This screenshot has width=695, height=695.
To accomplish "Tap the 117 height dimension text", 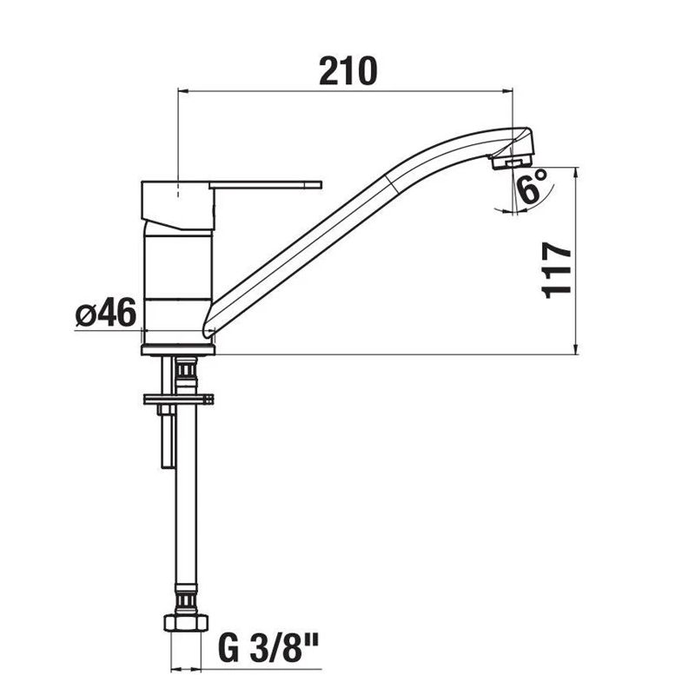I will point(556,270).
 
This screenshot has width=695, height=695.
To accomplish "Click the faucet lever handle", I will point(265,184).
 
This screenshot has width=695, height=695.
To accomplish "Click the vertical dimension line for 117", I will point(576,261).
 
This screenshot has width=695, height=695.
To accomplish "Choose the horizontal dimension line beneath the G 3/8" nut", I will point(187,670).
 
